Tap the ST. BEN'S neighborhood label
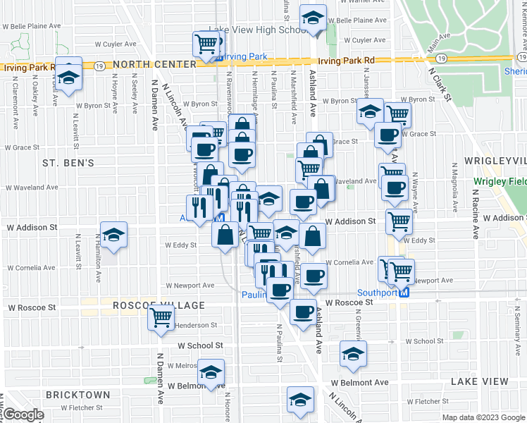pyautogui.click(x=68, y=163)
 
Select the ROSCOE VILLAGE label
pyautogui.click(x=159, y=306)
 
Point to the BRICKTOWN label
pyautogui.click(x=77, y=395)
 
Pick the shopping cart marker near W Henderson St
pyautogui.click(x=161, y=318)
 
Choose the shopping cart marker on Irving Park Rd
pyautogui.click(x=206, y=44)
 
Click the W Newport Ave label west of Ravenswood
pyautogui.click(x=190, y=286)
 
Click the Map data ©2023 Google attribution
pyautogui.click(x=483, y=417)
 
